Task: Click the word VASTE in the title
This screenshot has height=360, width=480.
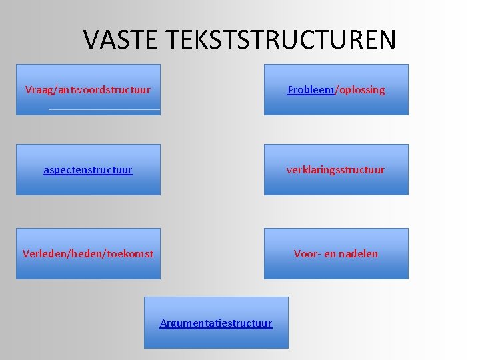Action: pyautogui.click(x=121, y=40)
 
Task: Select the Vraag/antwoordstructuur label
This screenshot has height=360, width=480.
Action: pyautogui.click(x=88, y=89)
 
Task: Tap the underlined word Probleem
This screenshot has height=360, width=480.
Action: pyautogui.click(x=311, y=89)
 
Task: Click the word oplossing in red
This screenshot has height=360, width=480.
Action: pyautogui.click(x=361, y=89)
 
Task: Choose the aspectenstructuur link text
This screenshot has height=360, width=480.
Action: pyautogui.click(x=88, y=170)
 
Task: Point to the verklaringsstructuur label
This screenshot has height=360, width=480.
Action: pyautogui.click(x=335, y=170)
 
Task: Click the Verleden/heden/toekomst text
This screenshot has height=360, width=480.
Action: pyautogui.click(x=88, y=253)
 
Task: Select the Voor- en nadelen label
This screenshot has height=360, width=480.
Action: pyautogui.click(x=336, y=253)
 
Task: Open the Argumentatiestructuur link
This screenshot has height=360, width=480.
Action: pyautogui.click(x=216, y=323)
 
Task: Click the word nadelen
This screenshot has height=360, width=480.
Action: pyautogui.click(x=359, y=253)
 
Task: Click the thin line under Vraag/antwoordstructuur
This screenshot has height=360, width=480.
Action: pyautogui.click(x=105, y=109)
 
